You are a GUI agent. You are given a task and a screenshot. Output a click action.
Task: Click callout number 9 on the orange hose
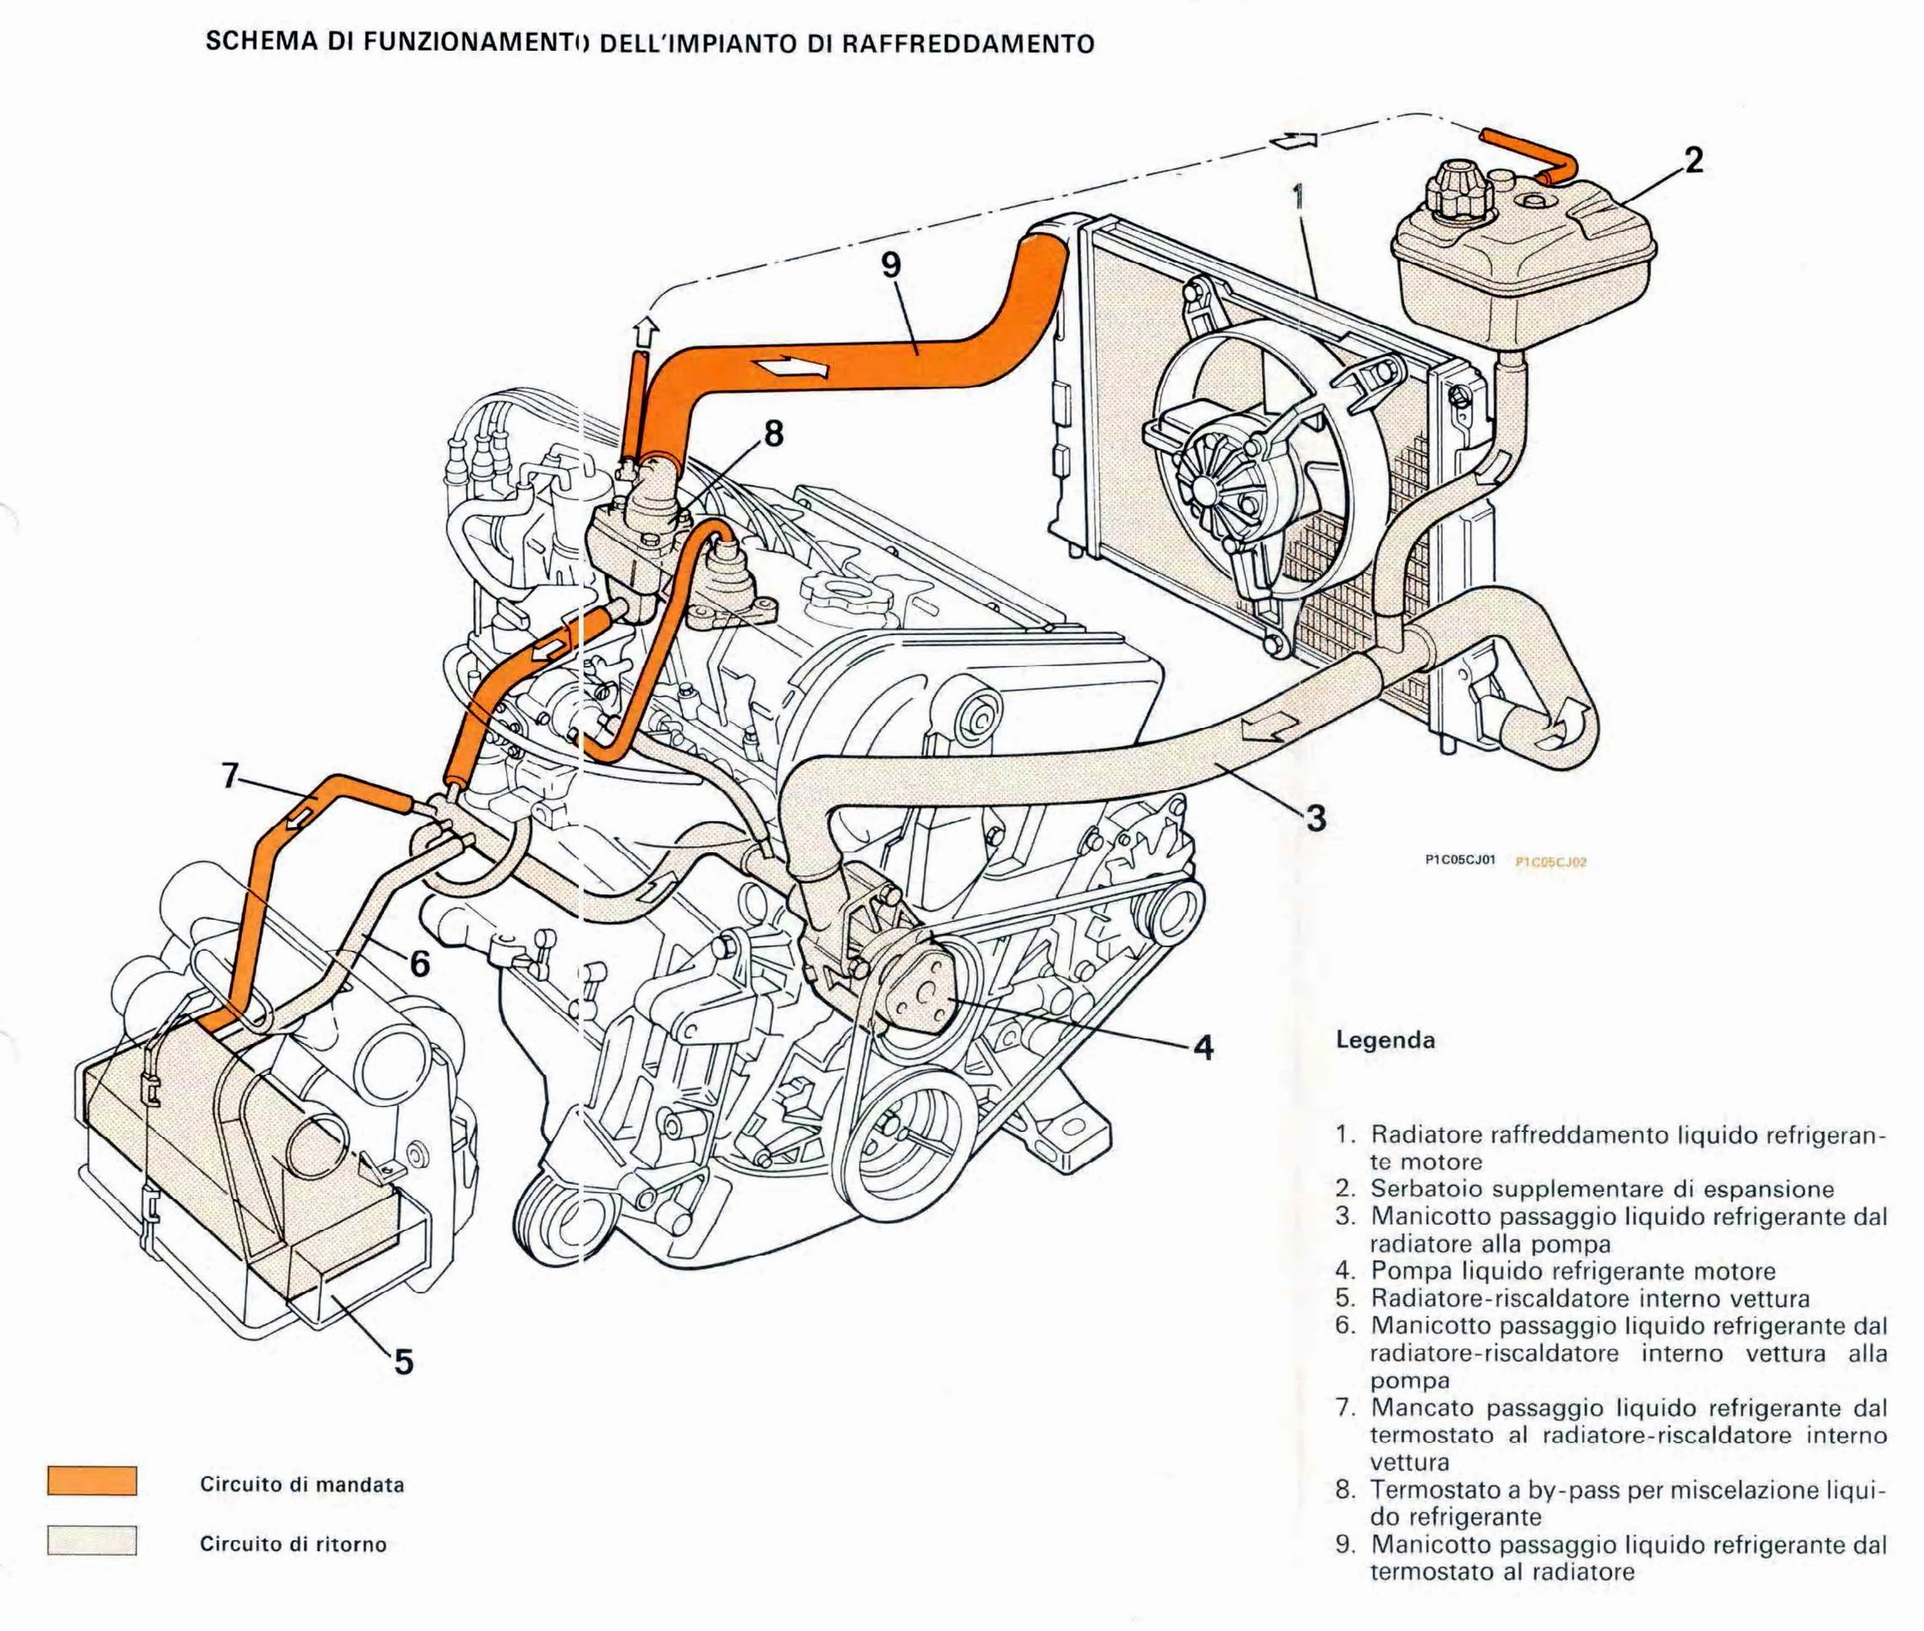889,265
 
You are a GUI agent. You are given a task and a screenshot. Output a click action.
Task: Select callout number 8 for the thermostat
773,433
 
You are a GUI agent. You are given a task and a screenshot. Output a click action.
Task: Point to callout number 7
232,775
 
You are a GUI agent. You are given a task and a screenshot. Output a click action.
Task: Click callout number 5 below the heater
403,1362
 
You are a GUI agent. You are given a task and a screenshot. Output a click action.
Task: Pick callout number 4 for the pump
1202,1047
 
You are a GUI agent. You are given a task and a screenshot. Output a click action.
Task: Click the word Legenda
1385,1041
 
